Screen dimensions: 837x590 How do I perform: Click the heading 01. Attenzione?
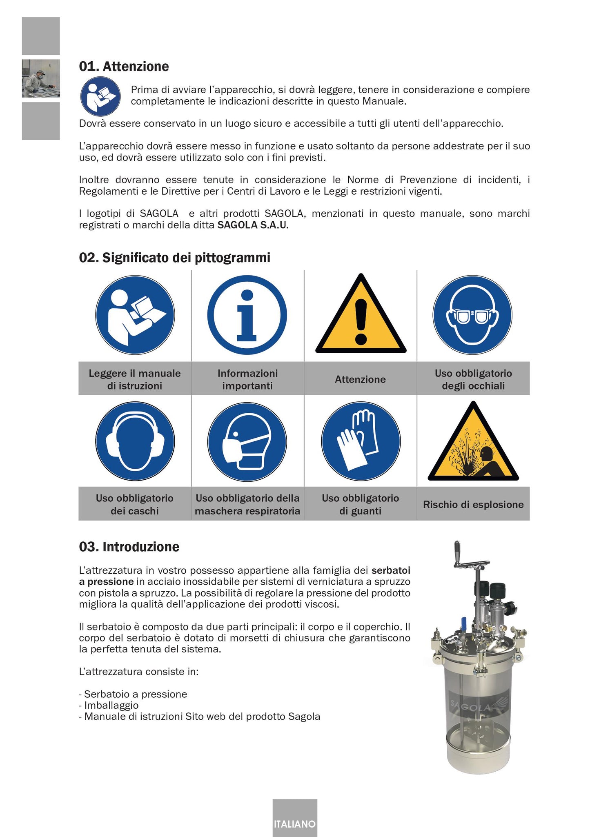click(124, 67)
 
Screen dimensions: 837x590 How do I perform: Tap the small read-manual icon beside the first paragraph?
click(100, 96)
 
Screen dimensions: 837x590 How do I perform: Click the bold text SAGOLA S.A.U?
click(253, 225)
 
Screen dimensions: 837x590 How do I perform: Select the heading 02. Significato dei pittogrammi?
click(174, 258)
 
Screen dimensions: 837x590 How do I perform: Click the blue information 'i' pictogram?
click(247, 315)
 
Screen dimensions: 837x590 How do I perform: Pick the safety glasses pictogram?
click(472, 315)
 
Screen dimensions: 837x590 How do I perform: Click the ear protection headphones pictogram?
click(135, 441)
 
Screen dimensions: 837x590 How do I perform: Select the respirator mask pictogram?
click(247, 441)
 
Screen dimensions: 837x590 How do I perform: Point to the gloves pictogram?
click(361, 441)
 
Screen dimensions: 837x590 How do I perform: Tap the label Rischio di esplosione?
click(473, 504)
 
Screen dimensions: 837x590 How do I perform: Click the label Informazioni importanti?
click(247, 379)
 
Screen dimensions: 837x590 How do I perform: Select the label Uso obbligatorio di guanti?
click(360, 504)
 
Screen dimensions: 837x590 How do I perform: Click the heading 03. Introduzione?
click(129, 547)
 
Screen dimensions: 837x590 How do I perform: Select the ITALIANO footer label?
click(295, 824)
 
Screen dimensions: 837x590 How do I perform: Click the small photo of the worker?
click(40, 78)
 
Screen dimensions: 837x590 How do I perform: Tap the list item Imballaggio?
click(111, 705)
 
